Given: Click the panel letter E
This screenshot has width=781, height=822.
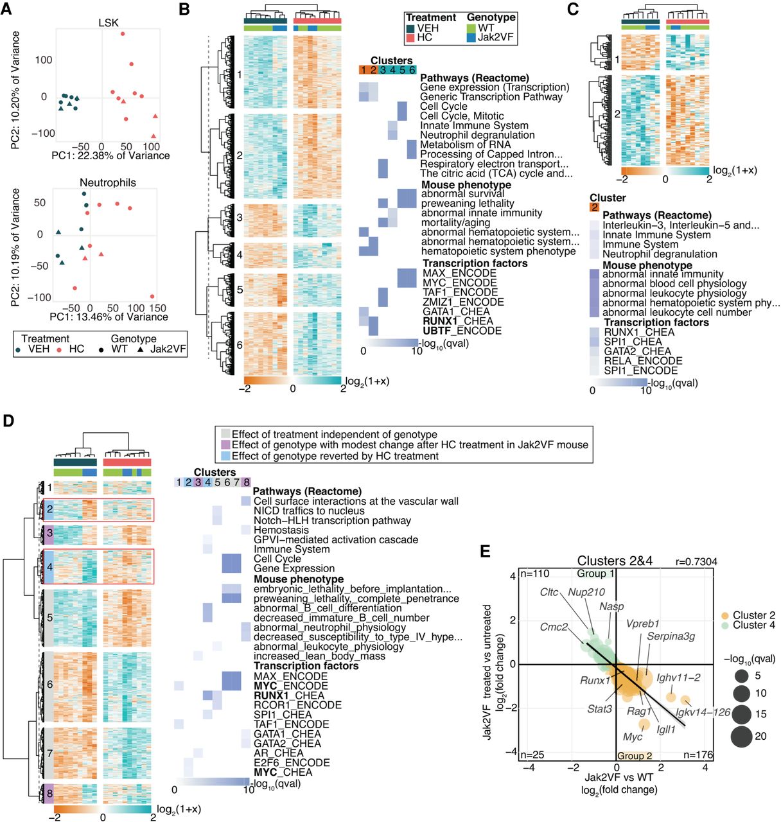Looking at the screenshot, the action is coord(486,552).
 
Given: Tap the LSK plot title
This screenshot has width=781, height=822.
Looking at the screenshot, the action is coord(109,22).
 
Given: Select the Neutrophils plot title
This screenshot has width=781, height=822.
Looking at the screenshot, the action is coord(107,182).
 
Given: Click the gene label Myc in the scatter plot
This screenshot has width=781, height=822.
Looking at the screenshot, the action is coord(633,737).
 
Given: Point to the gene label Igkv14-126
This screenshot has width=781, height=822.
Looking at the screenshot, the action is coord(703,712).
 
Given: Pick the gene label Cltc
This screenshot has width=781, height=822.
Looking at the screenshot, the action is coord(549,592).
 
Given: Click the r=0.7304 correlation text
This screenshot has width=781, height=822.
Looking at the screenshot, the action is coord(696,561).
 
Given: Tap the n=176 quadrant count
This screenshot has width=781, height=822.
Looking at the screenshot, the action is coord(698,755).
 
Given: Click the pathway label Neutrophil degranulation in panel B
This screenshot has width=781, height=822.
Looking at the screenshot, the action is coord(477,135).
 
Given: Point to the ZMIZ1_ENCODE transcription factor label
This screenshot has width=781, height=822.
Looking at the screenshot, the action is coord(463,302).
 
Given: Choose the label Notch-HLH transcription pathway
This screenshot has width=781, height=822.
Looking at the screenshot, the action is coord(332,521).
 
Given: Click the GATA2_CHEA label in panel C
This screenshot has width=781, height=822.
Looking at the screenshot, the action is coord(637,351).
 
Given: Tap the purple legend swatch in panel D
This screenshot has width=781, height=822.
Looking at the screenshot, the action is coord(225,445).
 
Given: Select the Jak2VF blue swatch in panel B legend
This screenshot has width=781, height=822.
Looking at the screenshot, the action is coord(471,38).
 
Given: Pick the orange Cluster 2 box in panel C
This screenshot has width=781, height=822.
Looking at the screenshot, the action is coord(594,207).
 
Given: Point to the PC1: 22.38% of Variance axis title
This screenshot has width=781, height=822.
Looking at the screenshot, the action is coord(110,155).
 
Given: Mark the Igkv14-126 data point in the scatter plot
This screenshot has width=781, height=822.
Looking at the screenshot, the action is coord(685,700).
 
